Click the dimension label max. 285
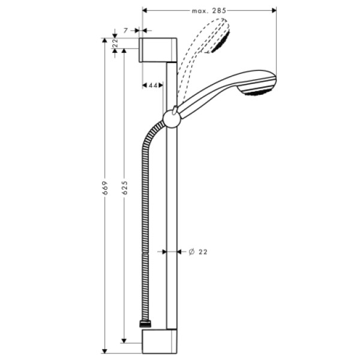tap(209, 10)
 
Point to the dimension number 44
tap(153, 86)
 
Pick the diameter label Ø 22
tap(197, 252)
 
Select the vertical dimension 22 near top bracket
tap(115, 43)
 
